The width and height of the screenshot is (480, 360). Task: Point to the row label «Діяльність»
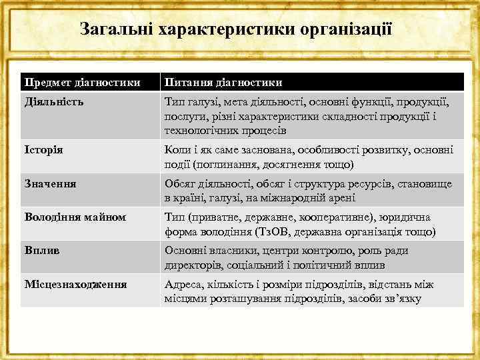tap(54, 103)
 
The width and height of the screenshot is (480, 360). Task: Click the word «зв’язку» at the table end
tap(402, 298)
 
